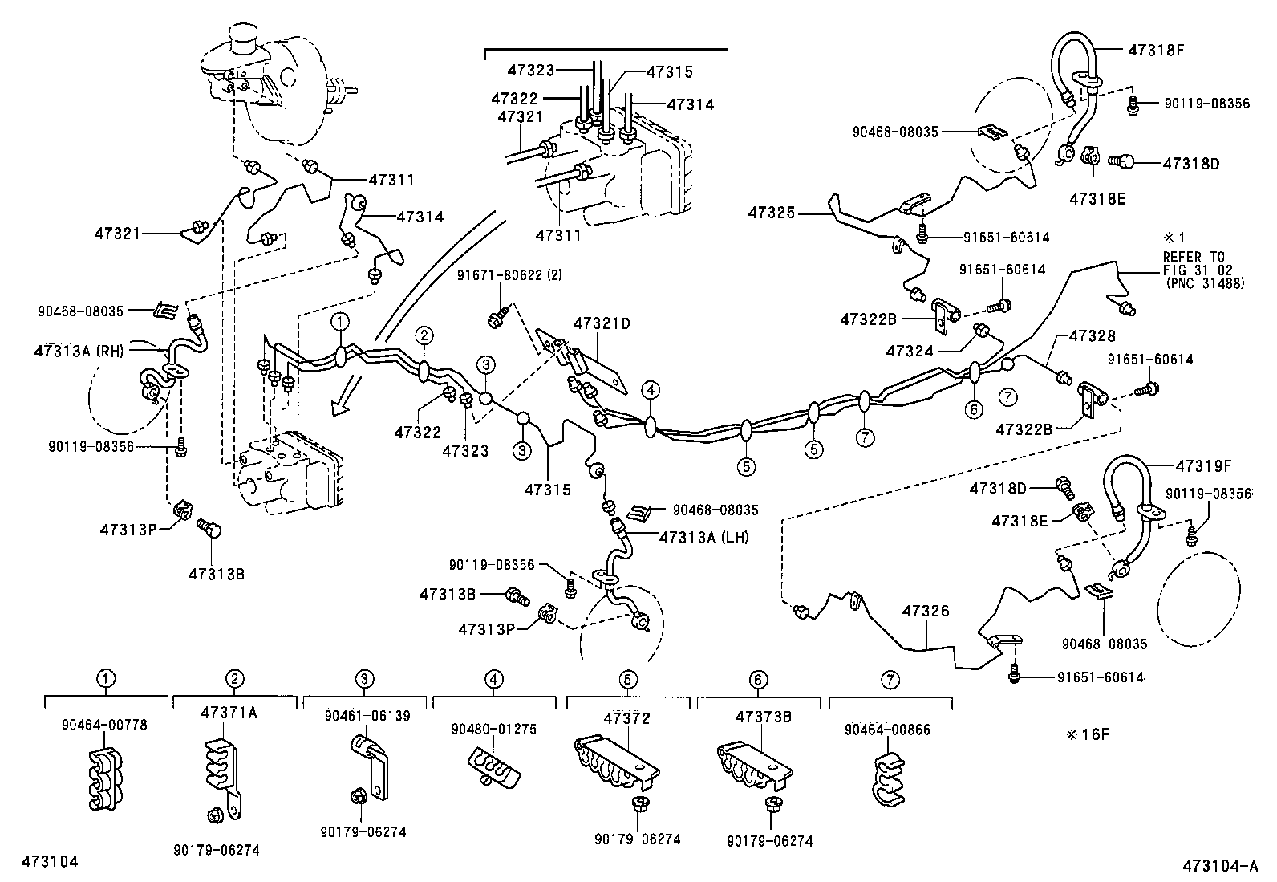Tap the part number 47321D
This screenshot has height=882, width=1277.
click(x=602, y=324)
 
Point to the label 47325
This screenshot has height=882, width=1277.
click(x=772, y=213)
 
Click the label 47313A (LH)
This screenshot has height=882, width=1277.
click(x=703, y=538)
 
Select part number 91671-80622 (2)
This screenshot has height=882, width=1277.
click(x=510, y=275)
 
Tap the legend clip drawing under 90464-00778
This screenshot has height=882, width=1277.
click(x=104, y=777)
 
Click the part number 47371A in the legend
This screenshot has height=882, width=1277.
click(x=229, y=713)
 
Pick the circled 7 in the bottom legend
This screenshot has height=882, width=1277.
click(x=890, y=680)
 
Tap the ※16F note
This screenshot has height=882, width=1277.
click(x=1086, y=734)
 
